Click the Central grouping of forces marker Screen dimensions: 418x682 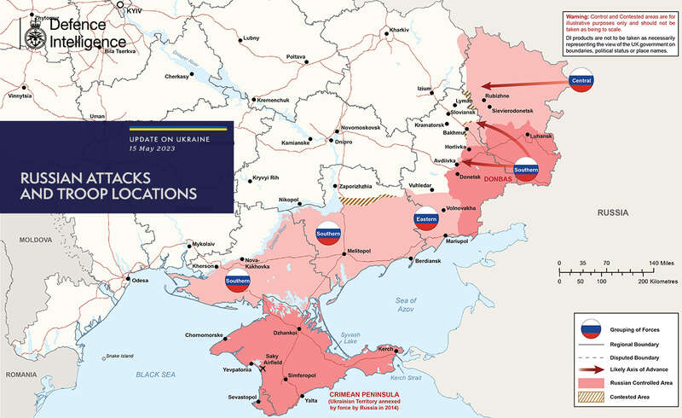581,82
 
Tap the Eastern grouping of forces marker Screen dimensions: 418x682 426,219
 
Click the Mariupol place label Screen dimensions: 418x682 458,243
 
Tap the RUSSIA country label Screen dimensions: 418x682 615,210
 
